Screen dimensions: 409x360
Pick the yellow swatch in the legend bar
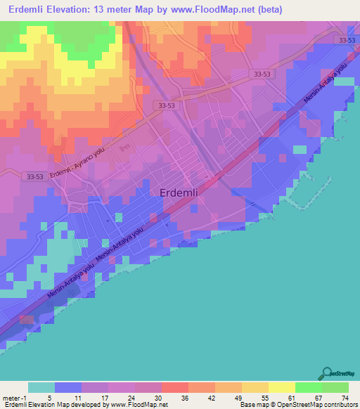click(x=282, y=387)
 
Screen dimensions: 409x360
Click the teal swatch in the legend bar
click(x=41, y=387)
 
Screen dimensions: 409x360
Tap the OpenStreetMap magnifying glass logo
click(x=327, y=372)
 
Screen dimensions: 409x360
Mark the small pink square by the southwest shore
click(x=26, y=320)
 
